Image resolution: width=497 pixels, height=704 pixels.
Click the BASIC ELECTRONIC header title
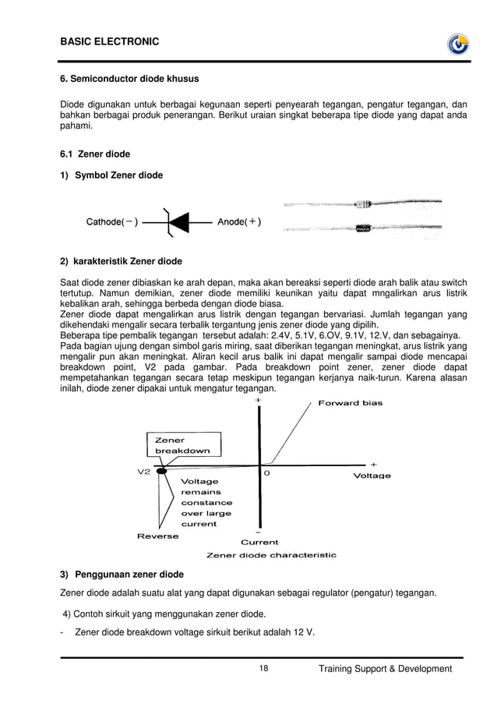pos(109,40)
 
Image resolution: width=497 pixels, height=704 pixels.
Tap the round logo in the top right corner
pos(457,45)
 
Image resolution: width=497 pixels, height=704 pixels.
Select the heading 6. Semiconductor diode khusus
pos(129,79)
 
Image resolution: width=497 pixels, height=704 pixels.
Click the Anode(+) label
pos(239,221)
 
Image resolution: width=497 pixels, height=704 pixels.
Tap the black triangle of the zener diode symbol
pos(179,221)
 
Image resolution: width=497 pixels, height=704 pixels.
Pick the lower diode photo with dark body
pos(362,228)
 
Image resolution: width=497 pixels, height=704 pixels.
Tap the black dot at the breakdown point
pos(161,471)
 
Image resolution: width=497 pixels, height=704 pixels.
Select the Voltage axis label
pos(372,475)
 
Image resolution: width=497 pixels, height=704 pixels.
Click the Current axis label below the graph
pos(259,542)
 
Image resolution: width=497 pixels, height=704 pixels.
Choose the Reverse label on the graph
pos(157,536)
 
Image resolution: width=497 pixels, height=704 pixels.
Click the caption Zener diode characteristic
pos(271,555)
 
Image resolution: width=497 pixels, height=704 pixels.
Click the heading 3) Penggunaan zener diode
pos(122,575)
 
